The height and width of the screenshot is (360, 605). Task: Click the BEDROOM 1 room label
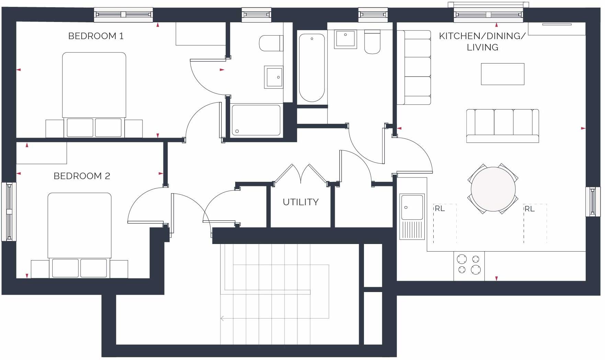coord(96,36)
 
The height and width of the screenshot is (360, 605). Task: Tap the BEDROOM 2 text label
coord(82,176)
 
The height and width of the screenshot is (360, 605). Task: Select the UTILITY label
coord(300,202)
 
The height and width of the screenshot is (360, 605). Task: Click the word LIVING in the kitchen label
coord(482,47)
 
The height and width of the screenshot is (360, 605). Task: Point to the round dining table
coord(493,189)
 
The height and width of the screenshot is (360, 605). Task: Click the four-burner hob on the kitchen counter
coord(469,265)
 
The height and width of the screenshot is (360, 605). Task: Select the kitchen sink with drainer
coord(412,216)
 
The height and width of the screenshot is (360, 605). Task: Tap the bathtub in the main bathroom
coord(311,67)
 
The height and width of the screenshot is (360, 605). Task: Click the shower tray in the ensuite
coord(256,120)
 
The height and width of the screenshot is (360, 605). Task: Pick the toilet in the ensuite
coord(271,43)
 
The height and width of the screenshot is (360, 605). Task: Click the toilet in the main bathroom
coord(372,42)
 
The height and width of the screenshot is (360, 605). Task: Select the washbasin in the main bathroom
coord(345,39)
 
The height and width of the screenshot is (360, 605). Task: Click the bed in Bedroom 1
coord(94,93)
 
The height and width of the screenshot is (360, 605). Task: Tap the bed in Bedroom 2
coord(79,233)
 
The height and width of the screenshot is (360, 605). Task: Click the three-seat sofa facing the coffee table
coord(502,126)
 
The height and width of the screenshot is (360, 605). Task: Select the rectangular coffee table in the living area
coord(502,74)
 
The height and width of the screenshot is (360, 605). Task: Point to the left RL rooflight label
coord(440,209)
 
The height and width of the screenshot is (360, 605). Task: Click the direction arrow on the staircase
coord(222,318)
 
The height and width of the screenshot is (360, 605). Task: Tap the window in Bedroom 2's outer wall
coord(9,211)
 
